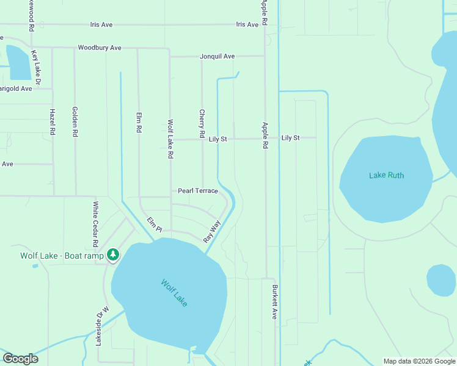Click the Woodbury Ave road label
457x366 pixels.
(100, 48)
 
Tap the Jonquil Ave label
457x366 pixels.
(217, 57)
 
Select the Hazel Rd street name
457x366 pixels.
(53, 122)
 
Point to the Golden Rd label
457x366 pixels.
(75, 121)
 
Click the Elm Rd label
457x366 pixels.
(139, 122)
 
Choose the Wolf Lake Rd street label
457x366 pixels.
(171, 139)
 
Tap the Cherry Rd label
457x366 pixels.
(202, 123)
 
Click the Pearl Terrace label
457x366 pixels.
(198, 191)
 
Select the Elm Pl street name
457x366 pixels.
(154, 224)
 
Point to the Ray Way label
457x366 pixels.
(211, 231)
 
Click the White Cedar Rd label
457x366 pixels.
(95, 221)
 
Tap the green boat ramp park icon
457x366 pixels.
(112, 255)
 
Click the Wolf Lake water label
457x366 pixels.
(174, 293)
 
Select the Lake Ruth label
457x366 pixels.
(386, 176)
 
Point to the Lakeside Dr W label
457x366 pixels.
(101, 326)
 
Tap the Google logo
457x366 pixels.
(20, 359)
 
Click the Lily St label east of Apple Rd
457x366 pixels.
(290, 138)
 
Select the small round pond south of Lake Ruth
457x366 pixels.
(441, 280)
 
